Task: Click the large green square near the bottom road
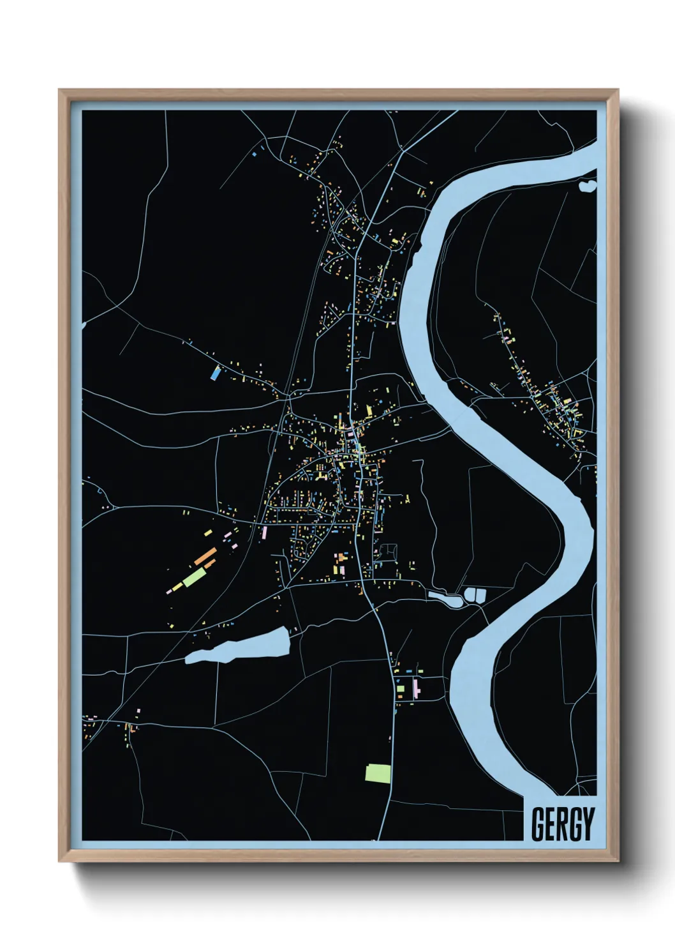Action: [x=377, y=773]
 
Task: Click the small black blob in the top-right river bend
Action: [x=587, y=186]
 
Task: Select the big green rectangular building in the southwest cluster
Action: [x=194, y=577]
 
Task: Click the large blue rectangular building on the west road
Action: [x=216, y=373]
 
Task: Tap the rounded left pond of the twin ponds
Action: [x=470, y=596]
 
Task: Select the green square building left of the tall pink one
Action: [x=401, y=689]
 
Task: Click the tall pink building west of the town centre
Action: [x=263, y=532]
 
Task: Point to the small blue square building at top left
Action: [x=253, y=154]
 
